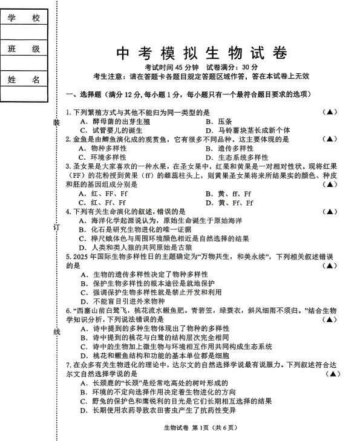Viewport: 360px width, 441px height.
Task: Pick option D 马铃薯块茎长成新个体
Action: (247, 130)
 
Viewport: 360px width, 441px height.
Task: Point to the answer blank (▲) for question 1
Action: (330, 112)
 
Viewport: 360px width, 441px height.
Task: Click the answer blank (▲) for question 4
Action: (330, 212)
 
